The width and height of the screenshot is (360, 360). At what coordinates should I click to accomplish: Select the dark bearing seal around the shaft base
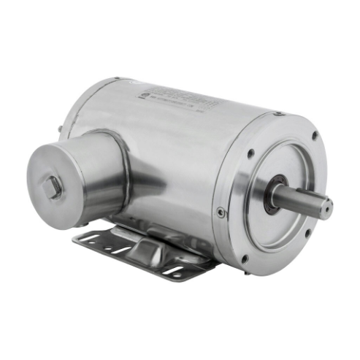pos(275,194)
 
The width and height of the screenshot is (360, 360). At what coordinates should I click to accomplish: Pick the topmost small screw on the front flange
pos(278,114)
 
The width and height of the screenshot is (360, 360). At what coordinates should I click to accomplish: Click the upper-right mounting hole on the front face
pos(315,136)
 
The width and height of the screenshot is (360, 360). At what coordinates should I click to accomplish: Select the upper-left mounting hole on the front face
pos(250,153)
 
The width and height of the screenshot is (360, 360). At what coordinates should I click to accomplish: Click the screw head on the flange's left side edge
pos(221,212)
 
